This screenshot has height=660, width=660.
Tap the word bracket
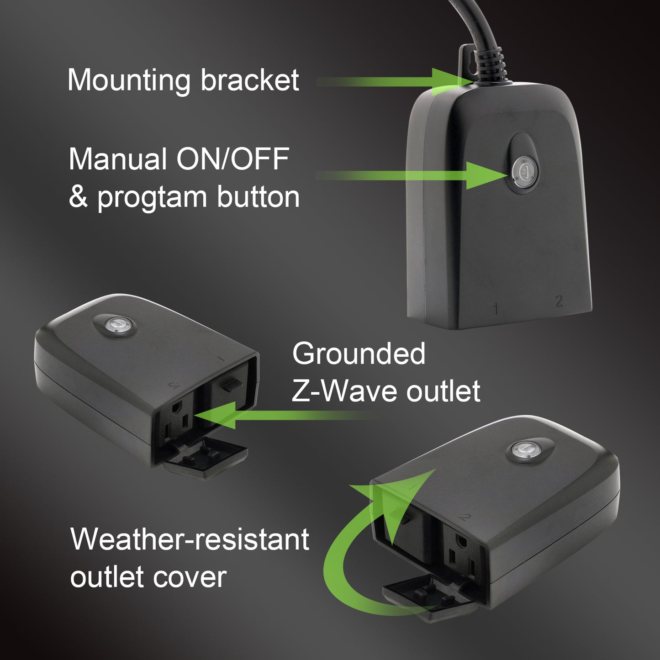coord(250,80)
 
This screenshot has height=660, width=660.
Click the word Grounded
coord(359,354)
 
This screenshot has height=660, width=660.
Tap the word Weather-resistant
coord(190,539)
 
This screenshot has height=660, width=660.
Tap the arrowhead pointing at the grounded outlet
coord(215,416)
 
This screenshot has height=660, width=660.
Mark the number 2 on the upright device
coord(558,301)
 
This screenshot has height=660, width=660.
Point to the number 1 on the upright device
coord(496,309)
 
